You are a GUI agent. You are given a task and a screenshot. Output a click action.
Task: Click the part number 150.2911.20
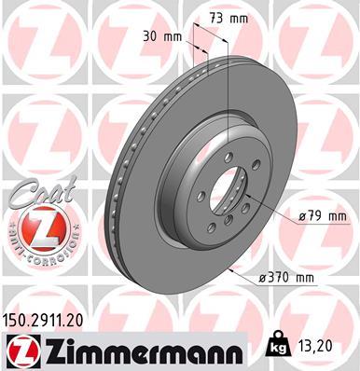pyautogui.click(x=52, y=319)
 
